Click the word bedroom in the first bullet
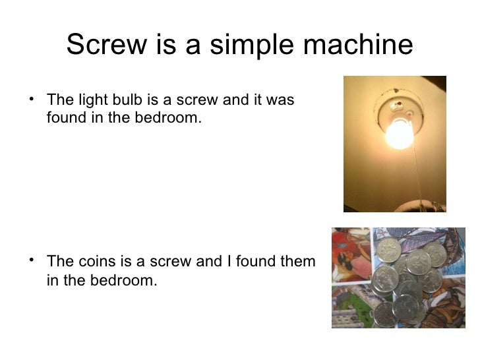[167, 119]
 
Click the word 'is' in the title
[163, 45]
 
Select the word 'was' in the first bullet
[281, 101]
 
